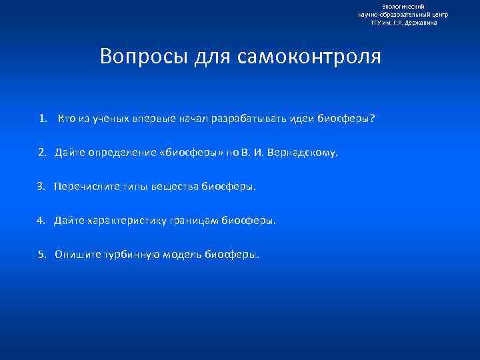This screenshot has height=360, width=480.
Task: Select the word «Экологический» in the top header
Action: [403, 6]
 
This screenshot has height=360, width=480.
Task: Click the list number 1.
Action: [43, 119]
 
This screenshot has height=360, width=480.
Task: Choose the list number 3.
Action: [41, 187]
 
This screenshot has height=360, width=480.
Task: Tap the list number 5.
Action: [41, 254]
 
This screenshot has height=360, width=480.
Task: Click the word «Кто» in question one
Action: [67, 119]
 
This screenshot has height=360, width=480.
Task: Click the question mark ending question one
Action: [373, 119]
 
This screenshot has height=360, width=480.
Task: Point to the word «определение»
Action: [123, 153]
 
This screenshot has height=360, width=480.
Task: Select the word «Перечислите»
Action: [83, 187]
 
